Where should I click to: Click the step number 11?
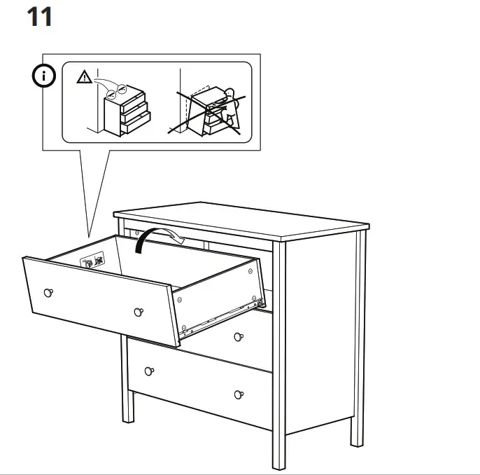39,17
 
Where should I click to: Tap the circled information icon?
45,77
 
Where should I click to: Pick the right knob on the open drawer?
137,310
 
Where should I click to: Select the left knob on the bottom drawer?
149,370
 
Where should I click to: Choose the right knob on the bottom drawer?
239,394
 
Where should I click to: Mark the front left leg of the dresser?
127,406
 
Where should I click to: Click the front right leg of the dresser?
278,448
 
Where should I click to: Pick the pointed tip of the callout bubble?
88,235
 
